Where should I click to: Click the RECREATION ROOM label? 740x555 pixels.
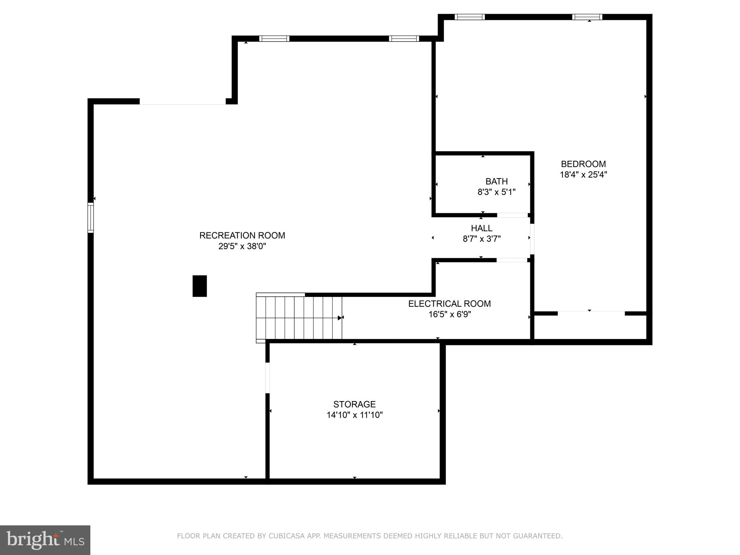(242, 236)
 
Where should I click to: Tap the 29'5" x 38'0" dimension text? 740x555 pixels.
(242, 246)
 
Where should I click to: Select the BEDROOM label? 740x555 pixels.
(583, 164)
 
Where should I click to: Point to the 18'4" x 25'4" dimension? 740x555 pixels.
(583, 175)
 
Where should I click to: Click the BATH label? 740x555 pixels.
(496, 181)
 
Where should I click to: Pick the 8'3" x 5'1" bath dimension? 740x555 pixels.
(496, 192)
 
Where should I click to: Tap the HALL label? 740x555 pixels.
(481, 228)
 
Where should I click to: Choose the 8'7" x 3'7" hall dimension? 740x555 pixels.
(481, 239)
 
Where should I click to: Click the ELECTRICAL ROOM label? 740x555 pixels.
(449, 304)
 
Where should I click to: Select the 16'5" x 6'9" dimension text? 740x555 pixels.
(449, 314)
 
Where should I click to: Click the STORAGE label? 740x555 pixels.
(354, 404)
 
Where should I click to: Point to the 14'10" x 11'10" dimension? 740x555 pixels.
(354, 415)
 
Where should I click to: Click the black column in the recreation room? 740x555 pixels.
(199, 286)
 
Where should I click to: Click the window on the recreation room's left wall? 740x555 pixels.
(91, 218)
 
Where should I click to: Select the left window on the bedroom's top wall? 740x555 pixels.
(469, 17)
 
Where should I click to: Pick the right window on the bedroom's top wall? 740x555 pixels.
(587, 17)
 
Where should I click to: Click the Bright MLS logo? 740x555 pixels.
(45, 540)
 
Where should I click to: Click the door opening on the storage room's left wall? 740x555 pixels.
(267, 378)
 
